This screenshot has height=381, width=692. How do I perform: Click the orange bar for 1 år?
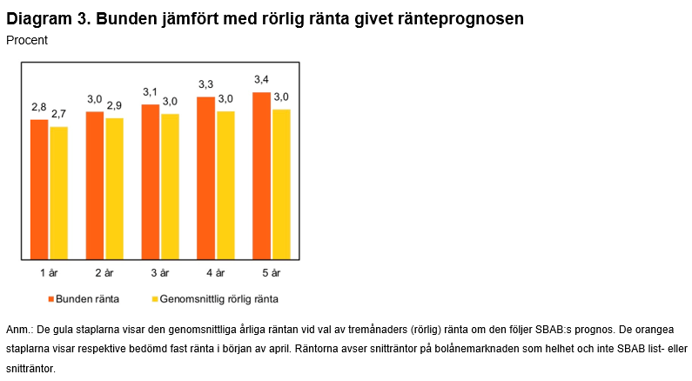click(39, 189)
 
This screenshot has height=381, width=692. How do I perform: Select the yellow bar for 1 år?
click(58, 192)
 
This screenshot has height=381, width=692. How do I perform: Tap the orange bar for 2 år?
click(95, 184)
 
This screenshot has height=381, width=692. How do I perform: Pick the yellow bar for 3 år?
click(170, 186)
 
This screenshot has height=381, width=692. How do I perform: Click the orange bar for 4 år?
click(206, 177)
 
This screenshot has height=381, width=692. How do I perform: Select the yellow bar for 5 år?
click(281, 184)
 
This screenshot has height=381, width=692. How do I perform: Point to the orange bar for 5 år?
click(262, 175)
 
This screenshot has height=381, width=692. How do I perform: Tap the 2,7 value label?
click(58, 114)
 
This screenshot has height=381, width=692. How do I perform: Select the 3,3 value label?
click(206, 84)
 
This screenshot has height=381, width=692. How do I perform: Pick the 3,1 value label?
click(151, 92)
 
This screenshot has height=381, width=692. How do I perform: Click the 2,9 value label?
click(114, 104)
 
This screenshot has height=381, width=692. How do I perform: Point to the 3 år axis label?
click(159, 273)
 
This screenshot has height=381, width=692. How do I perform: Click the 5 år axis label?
click(271, 273)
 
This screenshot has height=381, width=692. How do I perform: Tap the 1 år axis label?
click(49, 273)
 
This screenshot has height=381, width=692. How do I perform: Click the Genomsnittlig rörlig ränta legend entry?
click(215, 299)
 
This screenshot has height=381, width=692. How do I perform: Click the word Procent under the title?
click(27, 40)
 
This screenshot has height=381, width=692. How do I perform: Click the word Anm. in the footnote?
click(18, 331)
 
